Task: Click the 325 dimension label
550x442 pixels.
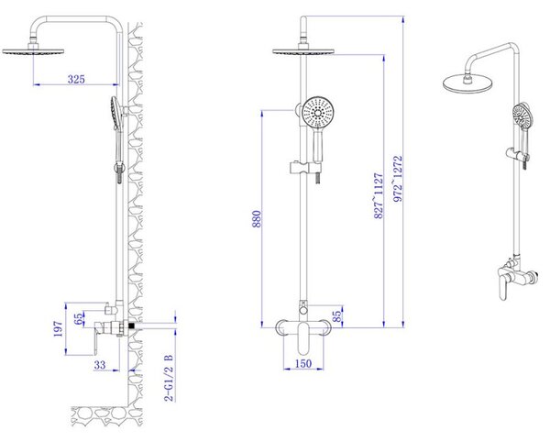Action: pos(76,79)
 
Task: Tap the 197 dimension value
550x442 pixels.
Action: pos(59,328)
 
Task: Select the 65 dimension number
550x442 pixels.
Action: pos(79,318)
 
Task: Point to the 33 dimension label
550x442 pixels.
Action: pos(100,365)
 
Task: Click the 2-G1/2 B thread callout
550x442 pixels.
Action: pos(169,378)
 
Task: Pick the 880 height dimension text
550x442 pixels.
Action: pos(257,219)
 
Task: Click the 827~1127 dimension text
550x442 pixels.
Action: pos(379,195)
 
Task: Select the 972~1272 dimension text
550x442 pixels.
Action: pos(398,179)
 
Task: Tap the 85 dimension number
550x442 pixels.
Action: pos(336,316)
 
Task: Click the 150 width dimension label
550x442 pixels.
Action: pos(303,363)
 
